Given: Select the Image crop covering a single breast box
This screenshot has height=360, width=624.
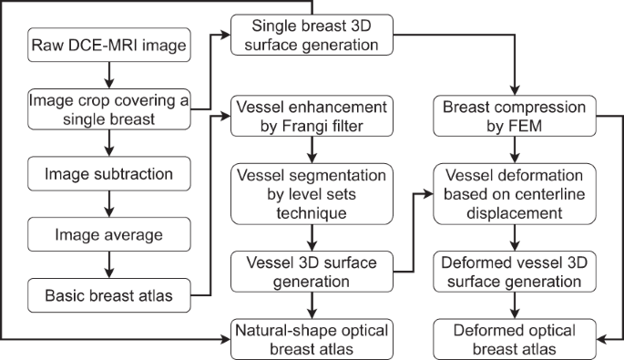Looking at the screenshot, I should coord(108,106).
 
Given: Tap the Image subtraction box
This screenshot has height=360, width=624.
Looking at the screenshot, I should coord(108,172).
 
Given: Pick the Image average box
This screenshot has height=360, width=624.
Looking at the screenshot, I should coord(108,234).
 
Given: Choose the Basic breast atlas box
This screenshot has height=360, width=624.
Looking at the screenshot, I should coord(108,294).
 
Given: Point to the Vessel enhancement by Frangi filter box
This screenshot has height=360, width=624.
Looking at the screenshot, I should coord(312,116).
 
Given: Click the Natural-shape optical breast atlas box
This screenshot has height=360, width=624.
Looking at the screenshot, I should coord(312,339).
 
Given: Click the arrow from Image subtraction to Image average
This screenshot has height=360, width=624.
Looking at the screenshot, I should coord(108,203).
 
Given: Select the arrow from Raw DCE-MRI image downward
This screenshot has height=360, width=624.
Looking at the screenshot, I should coord(108,73).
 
